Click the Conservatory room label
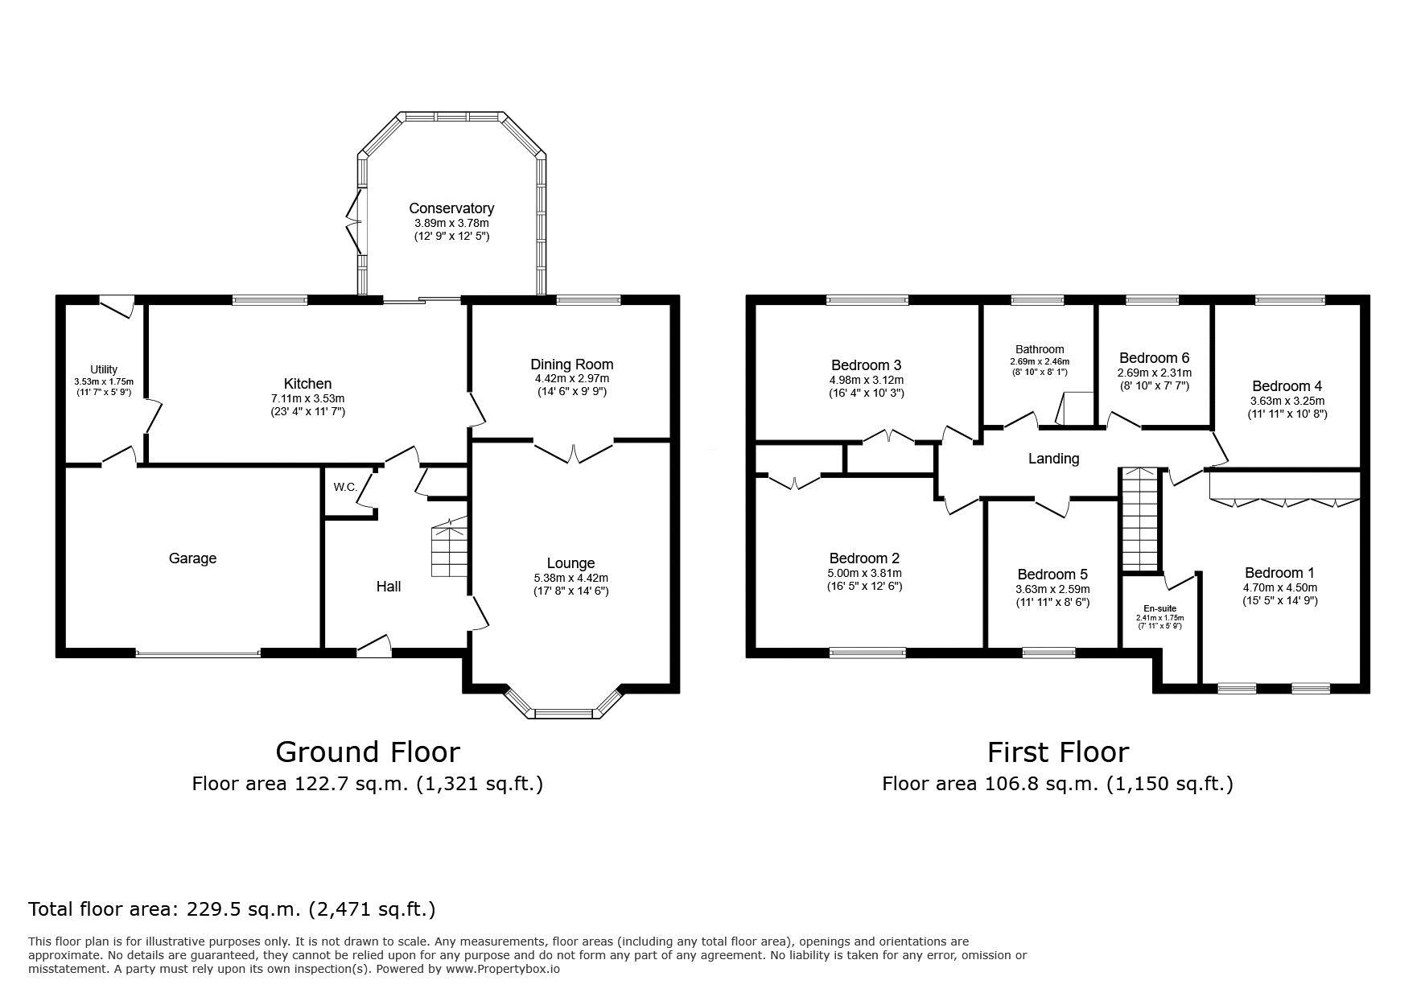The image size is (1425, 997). pyautogui.click(x=451, y=208)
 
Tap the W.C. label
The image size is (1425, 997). pyautogui.click(x=346, y=487)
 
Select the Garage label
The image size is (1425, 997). pyautogui.click(x=192, y=558)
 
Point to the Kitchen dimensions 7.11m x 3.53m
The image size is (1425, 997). pyautogui.click(x=307, y=398)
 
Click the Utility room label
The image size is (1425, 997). pyautogui.click(x=104, y=369)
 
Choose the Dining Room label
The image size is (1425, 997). pyautogui.click(x=572, y=365)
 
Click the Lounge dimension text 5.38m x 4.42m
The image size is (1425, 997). pyautogui.click(x=571, y=578)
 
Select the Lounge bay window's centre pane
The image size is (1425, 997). pyautogui.click(x=565, y=712)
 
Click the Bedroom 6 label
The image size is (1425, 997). pyautogui.click(x=1154, y=357)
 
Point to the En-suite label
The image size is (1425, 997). pyautogui.click(x=1159, y=608)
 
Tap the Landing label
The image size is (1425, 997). pyautogui.click(x=1053, y=459)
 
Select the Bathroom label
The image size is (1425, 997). pyautogui.click(x=1040, y=349)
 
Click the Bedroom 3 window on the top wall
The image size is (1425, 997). pyautogui.click(x=867, y=300)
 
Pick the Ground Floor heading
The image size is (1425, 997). pyautogui.click(x=368, y=752)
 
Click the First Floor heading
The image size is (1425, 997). pyautogui.click(x=1058, y=752)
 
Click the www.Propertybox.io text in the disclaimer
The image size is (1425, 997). pyautogui.click(x=503, y=969)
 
